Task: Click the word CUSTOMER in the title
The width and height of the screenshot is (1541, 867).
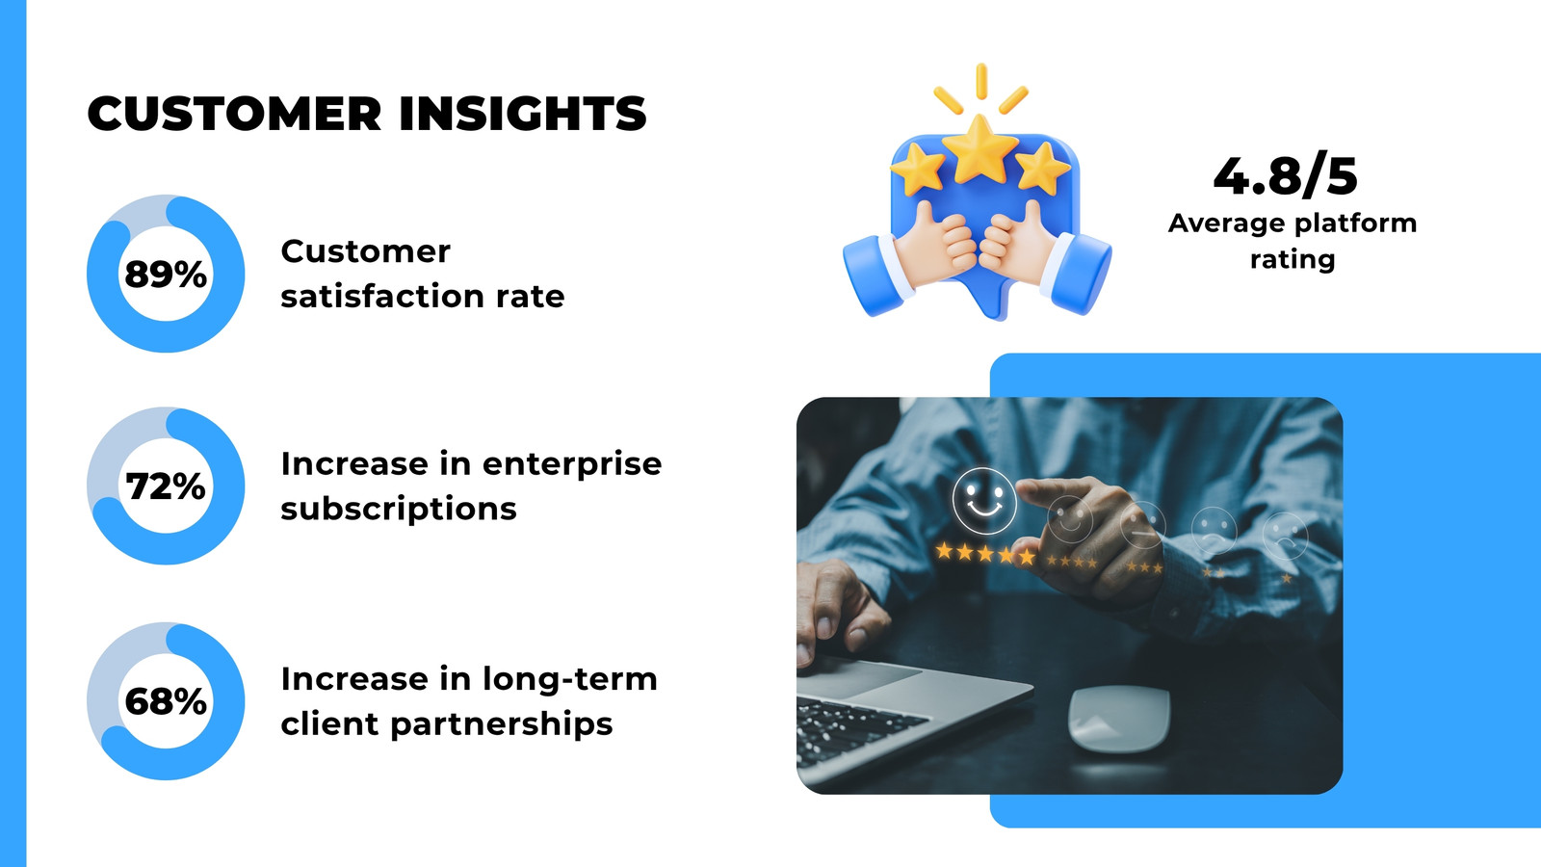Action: (235, 114)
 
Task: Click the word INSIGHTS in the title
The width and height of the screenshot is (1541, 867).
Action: (523, 114)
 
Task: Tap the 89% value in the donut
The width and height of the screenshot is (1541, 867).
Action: (166, 275)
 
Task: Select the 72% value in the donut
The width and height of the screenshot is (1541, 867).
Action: (166, 486)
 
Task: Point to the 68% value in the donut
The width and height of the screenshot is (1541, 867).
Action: (166, 702)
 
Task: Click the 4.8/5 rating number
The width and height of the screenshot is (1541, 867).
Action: (1286, 176)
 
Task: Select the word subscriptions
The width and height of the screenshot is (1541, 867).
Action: (399, 511)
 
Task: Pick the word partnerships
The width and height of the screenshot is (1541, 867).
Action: (502, 725)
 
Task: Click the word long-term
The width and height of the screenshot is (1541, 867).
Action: (569, 680)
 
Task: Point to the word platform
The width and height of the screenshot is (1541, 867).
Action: (1355, 224)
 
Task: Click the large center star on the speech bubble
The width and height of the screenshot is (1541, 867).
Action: (980, 150)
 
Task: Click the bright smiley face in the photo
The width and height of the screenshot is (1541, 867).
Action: (984, 501)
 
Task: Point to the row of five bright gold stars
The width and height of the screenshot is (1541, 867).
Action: (986, 553)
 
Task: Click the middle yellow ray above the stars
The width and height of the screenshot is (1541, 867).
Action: (981, 81)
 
